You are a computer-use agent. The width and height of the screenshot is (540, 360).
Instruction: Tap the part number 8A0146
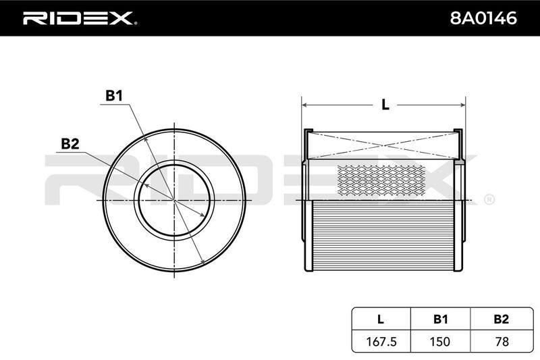tap(483, 18)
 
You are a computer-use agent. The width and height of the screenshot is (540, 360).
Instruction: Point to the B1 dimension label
tap(114, 96)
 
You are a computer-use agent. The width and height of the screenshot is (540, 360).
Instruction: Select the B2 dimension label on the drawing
tap(70, 144)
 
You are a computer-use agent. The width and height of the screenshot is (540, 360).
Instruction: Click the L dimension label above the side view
tap(385, 105)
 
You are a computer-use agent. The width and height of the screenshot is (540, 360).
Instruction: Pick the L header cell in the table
tap(381, 319)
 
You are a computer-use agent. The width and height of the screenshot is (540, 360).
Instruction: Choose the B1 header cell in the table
tap(441, 319)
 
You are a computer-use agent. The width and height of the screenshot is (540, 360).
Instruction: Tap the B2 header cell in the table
tap(502, 319)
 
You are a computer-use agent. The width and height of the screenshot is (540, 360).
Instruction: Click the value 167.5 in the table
tap(381, 341)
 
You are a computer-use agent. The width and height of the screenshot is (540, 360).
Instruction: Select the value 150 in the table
tap(440, 341)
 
